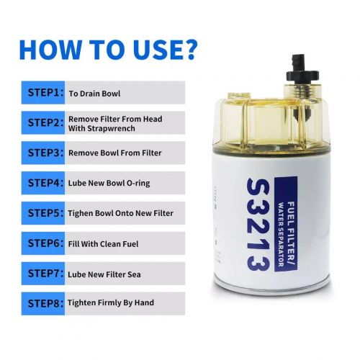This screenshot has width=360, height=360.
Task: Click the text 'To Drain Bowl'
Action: (94, 93)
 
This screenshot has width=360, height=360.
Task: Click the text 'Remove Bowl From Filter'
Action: (114, 153)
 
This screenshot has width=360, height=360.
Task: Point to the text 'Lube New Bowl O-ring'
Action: (109, 184)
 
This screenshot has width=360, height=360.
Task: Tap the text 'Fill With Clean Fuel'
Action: (104, 243)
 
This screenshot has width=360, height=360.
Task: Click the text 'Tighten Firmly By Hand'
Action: (111, 303)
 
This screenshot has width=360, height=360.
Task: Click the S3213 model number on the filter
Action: (258, 223)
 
